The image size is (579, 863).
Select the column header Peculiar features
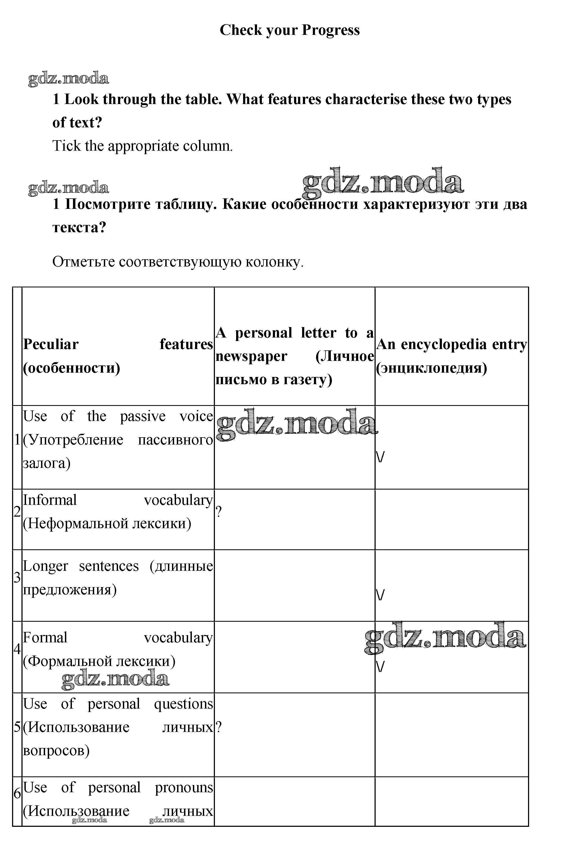[118, 356]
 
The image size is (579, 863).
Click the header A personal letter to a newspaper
[294, 356]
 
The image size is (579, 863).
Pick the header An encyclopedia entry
[451, 356]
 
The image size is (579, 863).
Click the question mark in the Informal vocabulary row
[219, 512]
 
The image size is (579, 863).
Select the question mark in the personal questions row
[219, 727]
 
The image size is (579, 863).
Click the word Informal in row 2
[50, 500]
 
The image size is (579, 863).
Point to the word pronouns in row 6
[184, 787]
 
